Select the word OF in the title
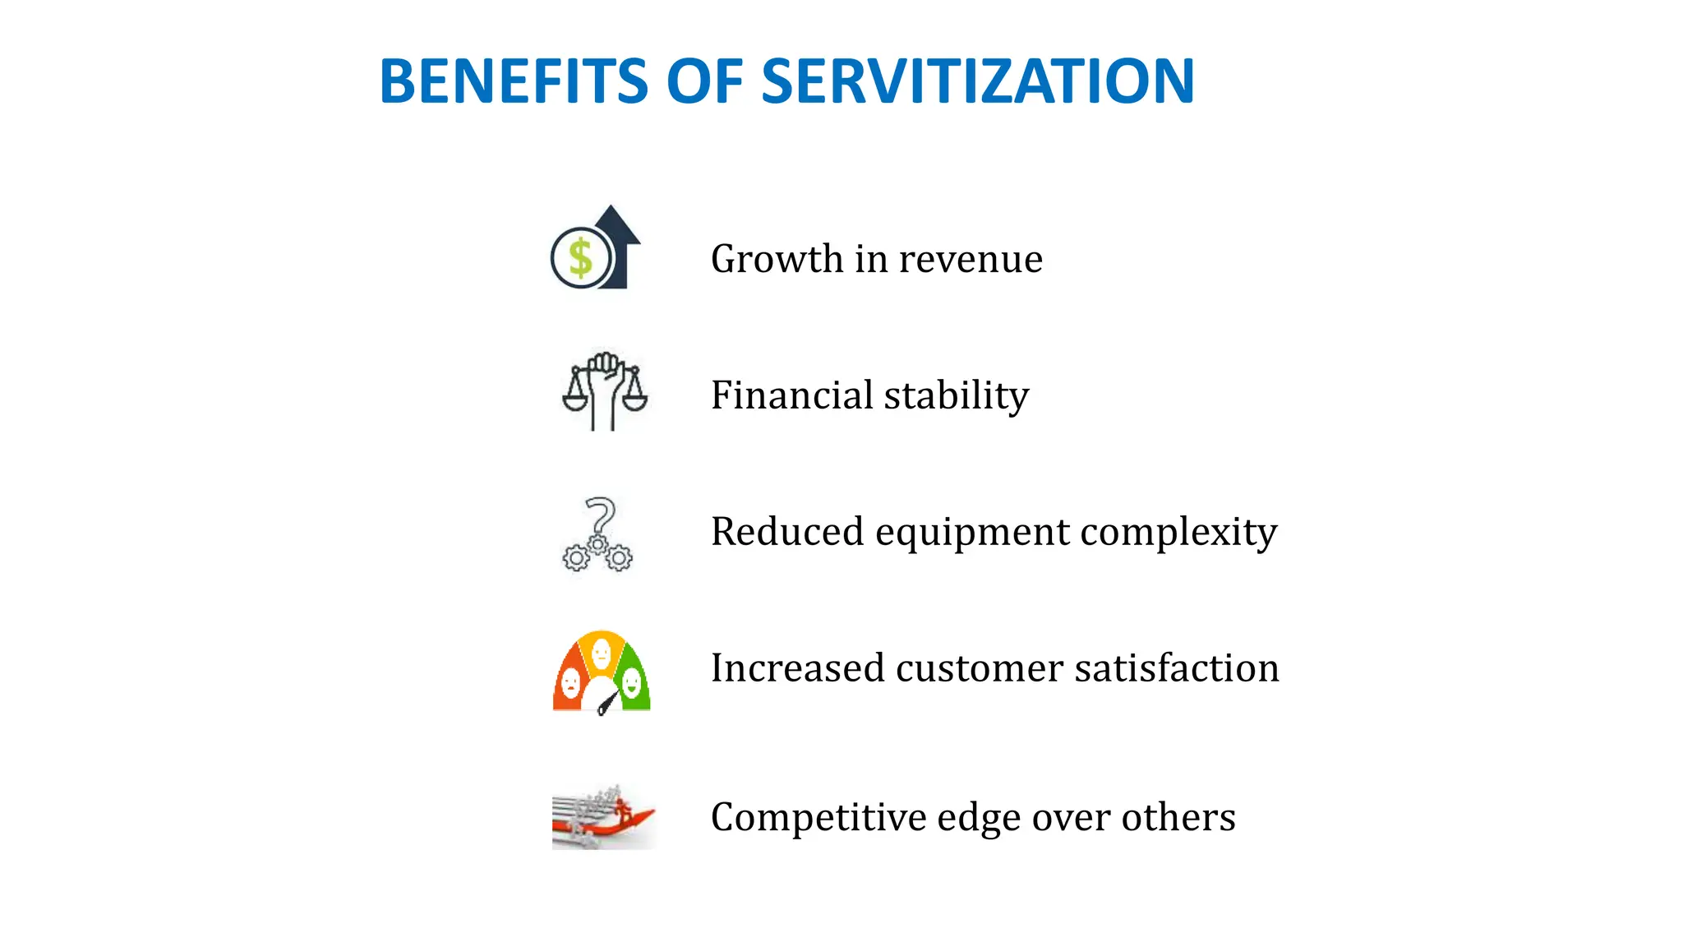tap(704, 81)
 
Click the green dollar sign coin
tap(580, 257)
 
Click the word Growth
tap(777, 260)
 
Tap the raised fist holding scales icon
tap(605, 391)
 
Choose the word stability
tap(957, 396)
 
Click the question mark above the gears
tap(602, 515)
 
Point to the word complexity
tap(1178, 533)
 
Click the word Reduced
tap(787, 532)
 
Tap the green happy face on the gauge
tap(631, 681)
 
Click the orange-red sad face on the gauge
tap(570, 682)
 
